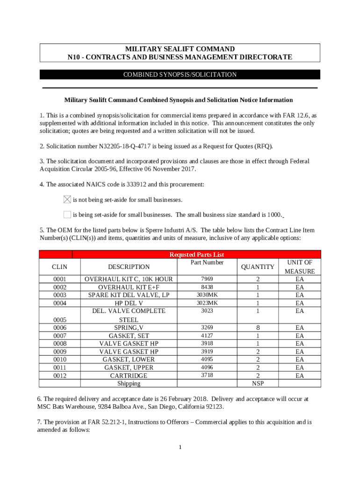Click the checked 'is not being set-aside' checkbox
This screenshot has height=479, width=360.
coord(67,200)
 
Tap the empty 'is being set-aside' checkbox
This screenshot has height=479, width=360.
coord(67,215)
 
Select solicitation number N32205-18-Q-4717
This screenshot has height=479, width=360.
coord(126,146)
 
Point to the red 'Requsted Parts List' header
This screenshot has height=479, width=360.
coord(196,254)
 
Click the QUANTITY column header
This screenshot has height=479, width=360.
coord(257,267)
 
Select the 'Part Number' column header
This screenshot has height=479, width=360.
coord(207,262)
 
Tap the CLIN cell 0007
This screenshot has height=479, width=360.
coord(60,335)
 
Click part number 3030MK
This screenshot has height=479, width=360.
coord(207,295)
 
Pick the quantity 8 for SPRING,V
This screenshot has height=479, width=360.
coord(257,327)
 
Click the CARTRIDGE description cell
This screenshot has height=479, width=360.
coord(129,376)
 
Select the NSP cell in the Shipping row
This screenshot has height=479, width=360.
coord(257,384)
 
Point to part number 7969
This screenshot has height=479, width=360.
coord(207,279)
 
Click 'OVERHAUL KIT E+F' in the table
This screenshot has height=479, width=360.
coord(129,287)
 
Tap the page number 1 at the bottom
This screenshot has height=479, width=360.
coord(180,448)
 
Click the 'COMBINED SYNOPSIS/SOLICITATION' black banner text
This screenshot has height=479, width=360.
coord(180,75)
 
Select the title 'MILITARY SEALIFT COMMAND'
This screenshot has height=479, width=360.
coord(180,49)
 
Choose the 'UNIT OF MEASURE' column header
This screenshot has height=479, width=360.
coord(300,267)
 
